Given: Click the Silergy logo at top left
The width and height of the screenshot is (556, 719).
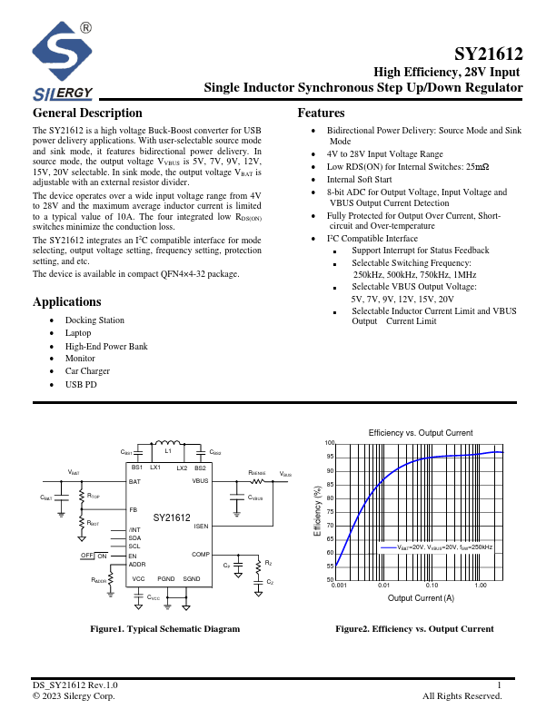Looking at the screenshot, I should [x=63, y=62].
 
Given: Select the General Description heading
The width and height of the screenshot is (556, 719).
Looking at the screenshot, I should [x=87, y=113].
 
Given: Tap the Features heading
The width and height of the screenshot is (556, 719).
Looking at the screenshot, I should [x=321, y=113].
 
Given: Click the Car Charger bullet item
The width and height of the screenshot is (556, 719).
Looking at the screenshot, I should [x=87, y=371].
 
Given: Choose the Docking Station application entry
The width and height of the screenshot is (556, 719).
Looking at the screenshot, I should [x=94, y=320].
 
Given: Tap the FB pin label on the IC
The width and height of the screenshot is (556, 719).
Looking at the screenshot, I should [x=133, y=510].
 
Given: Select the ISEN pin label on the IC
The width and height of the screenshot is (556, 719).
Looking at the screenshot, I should [x=201, y=526].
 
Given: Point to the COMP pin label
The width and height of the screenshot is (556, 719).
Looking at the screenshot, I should [x=200, y=554].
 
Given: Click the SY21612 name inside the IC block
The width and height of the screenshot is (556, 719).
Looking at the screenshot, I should [x=171, y=517].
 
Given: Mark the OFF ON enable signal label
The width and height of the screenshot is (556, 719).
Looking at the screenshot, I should [x=94, y=555].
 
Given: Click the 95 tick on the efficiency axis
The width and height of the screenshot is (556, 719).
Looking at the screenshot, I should [x=331, y=457].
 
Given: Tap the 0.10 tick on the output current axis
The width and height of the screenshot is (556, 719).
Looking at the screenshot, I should [x=432, y=586].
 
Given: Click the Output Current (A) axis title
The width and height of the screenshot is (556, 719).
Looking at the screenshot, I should [x=421, y=598].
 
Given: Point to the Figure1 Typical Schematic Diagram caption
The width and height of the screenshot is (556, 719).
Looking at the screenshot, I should [x=164, y=628].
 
